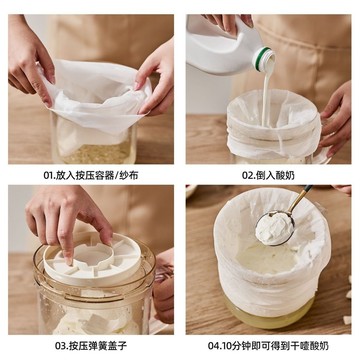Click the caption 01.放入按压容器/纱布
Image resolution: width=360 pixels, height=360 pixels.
tap(90, 172)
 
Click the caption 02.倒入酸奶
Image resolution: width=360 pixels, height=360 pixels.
tap(269, 172)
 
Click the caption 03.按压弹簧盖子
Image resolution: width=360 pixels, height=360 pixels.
tap(90, 347)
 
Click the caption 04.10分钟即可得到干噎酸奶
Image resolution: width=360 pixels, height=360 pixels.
tap(269, 347)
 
